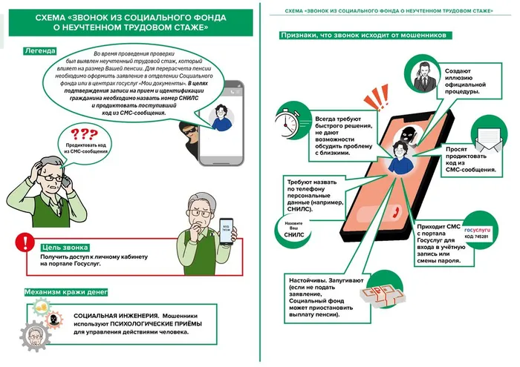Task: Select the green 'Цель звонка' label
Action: click(x=66, y=247)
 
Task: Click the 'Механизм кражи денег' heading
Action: click(x=70, y=291)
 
